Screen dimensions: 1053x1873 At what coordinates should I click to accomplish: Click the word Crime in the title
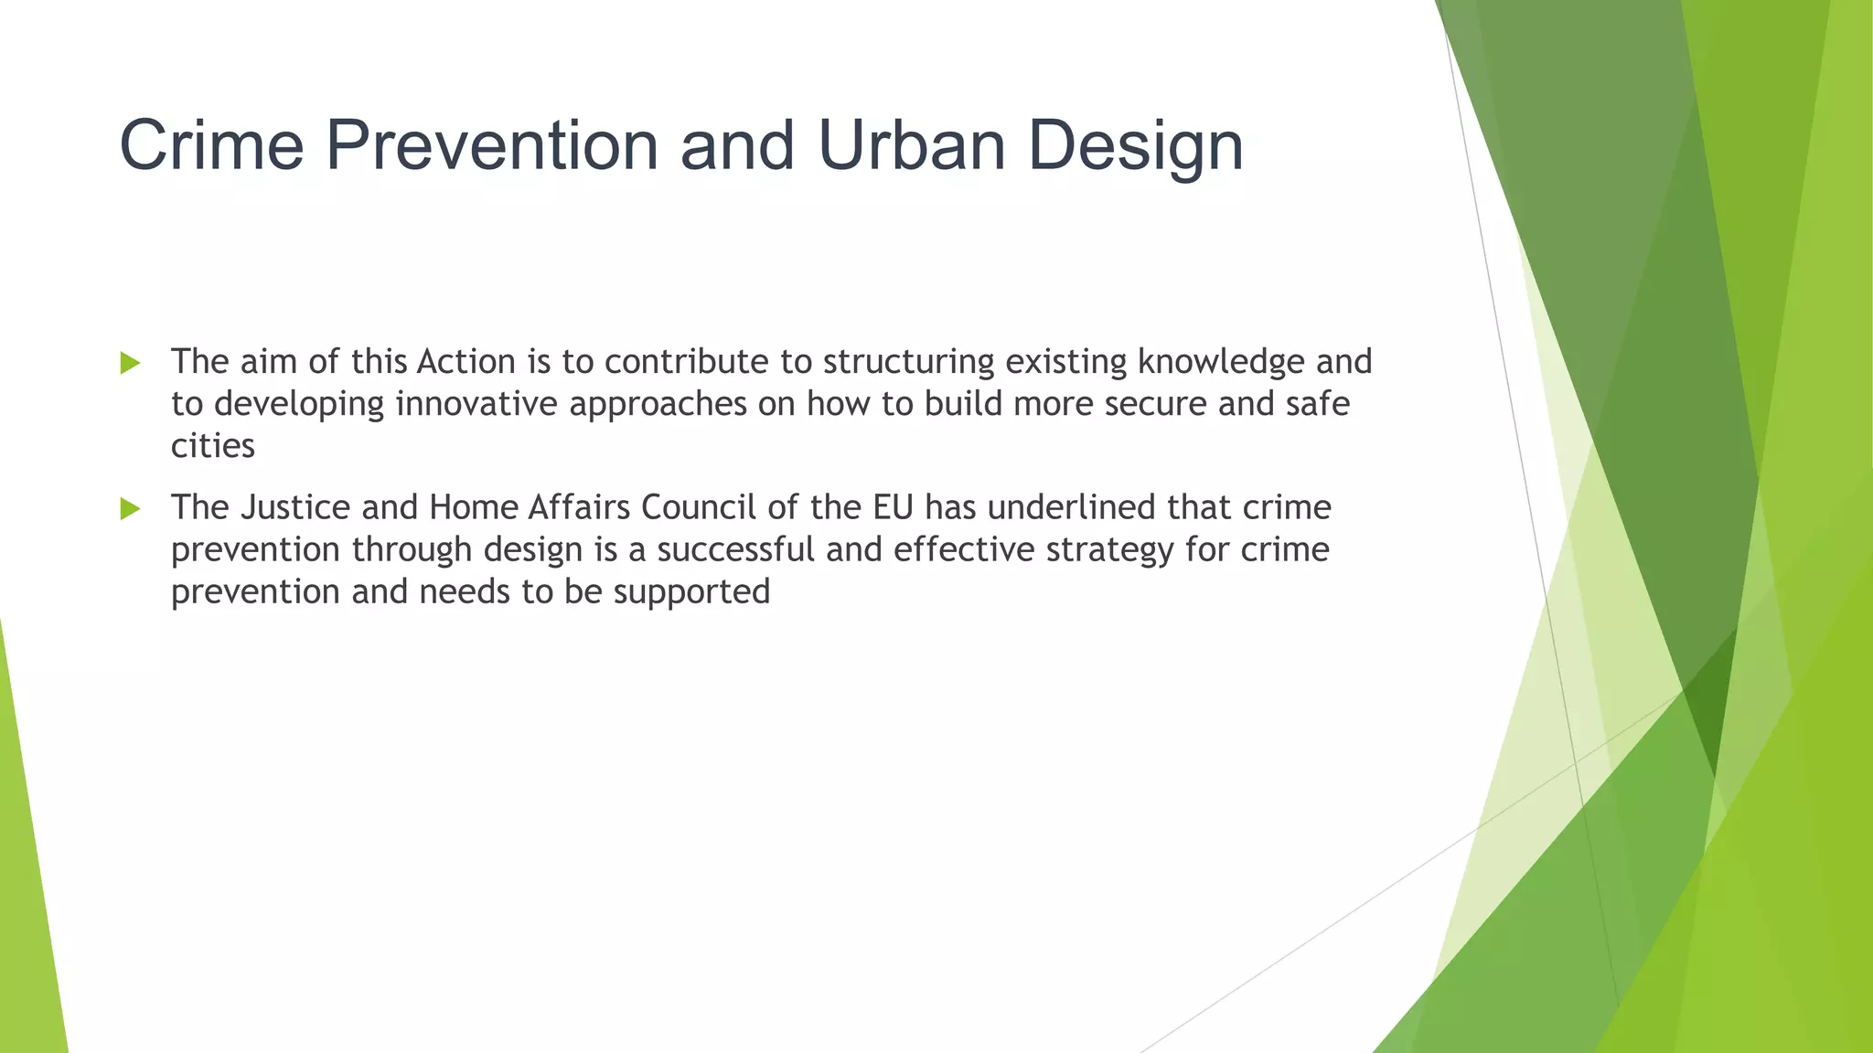[x=211, y=145]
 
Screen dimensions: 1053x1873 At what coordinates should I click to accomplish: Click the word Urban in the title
[x=912, y=145]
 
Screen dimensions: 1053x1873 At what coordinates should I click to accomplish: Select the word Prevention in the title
[x=492, y=145]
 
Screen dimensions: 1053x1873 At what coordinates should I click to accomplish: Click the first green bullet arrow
[x=130, y=363]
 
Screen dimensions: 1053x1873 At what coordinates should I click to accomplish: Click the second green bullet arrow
[x=130, y=508]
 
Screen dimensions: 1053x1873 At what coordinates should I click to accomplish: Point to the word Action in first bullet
[x=466, y=362]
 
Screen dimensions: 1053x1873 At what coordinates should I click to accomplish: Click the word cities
[x=212, y=446]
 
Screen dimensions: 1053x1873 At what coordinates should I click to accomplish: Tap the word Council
[x=699, y=507]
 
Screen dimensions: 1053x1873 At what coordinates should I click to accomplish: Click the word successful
[x=735, y=549]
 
